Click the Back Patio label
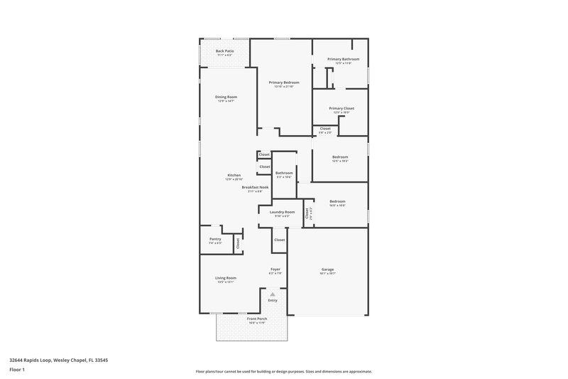[224, 52]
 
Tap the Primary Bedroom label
[284, 82]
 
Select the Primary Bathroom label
[343, 59]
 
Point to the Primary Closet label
[342, 108]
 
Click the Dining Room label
[226, 97]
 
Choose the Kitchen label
[234, 175]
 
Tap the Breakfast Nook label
[255, 187]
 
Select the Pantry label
[215, 239]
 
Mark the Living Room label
[226, 278]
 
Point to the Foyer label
[275, 269]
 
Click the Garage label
[327, 269]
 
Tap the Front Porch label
[256, 319]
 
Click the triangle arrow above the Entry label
[273, 294]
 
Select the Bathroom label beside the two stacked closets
[284, 173]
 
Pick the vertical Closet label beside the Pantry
[238, 242]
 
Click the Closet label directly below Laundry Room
[279, 240]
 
